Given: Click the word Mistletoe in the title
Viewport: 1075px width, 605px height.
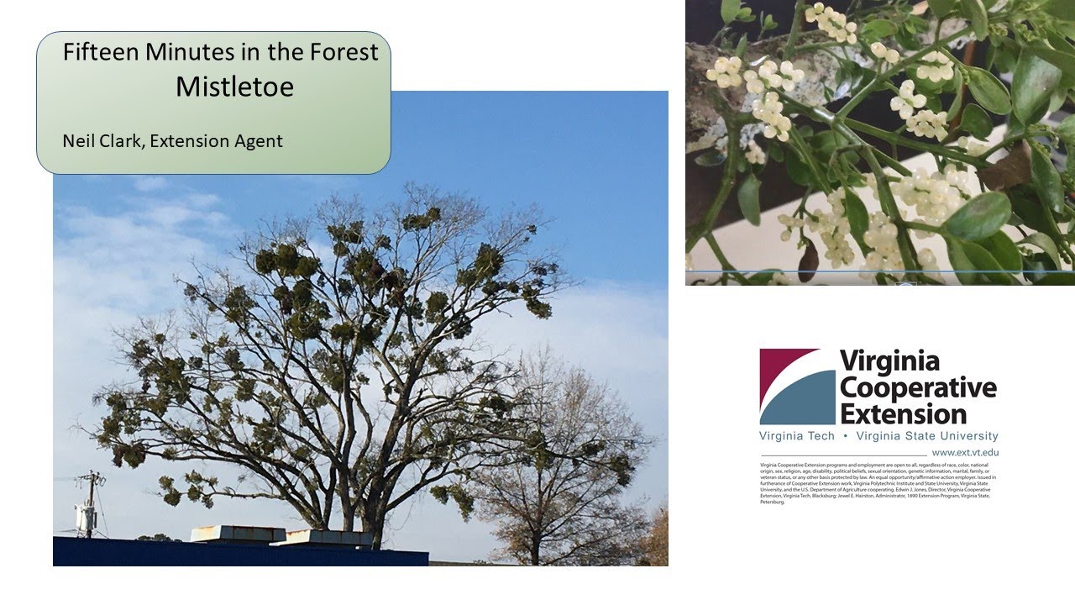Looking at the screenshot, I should click(234, 87).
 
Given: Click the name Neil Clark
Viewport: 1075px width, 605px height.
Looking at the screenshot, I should click(99, 140).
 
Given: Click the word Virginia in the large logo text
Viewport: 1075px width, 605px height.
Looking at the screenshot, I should click(889, 362).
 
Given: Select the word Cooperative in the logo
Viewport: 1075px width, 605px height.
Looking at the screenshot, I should click(918, 388).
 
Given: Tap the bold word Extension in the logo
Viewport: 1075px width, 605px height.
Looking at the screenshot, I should click(903, 413).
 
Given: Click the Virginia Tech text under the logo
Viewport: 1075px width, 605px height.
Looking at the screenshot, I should click(796, 436).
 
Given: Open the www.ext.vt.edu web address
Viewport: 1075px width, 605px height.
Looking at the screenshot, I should click(965, 452).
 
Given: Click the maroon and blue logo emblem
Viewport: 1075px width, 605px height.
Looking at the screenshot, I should click(797, 387).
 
